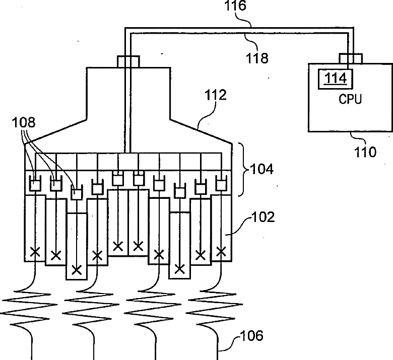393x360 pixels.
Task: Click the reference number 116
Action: coord(235,6)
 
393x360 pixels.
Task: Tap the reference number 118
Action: coord(257,58)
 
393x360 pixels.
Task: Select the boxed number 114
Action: coord(336,79)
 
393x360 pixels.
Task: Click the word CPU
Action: coord(350,99)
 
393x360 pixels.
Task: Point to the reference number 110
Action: coord(365,152)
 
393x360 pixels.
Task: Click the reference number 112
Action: coord(216,95)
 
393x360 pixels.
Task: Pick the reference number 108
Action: coord(24,122)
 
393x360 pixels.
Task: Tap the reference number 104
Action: coord(261,169)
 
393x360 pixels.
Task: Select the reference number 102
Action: coord(263,217)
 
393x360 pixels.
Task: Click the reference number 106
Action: coord(251,336)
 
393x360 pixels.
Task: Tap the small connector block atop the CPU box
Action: coord(351,58)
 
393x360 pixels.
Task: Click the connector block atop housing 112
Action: coord(128,61)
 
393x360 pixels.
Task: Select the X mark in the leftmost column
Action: coord(35,252)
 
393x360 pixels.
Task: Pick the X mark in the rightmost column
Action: coord(221,251)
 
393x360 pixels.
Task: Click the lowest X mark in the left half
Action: coord(77,270)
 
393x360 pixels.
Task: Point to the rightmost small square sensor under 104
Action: coord(221,185)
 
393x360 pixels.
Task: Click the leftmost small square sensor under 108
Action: coord(35,185)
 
